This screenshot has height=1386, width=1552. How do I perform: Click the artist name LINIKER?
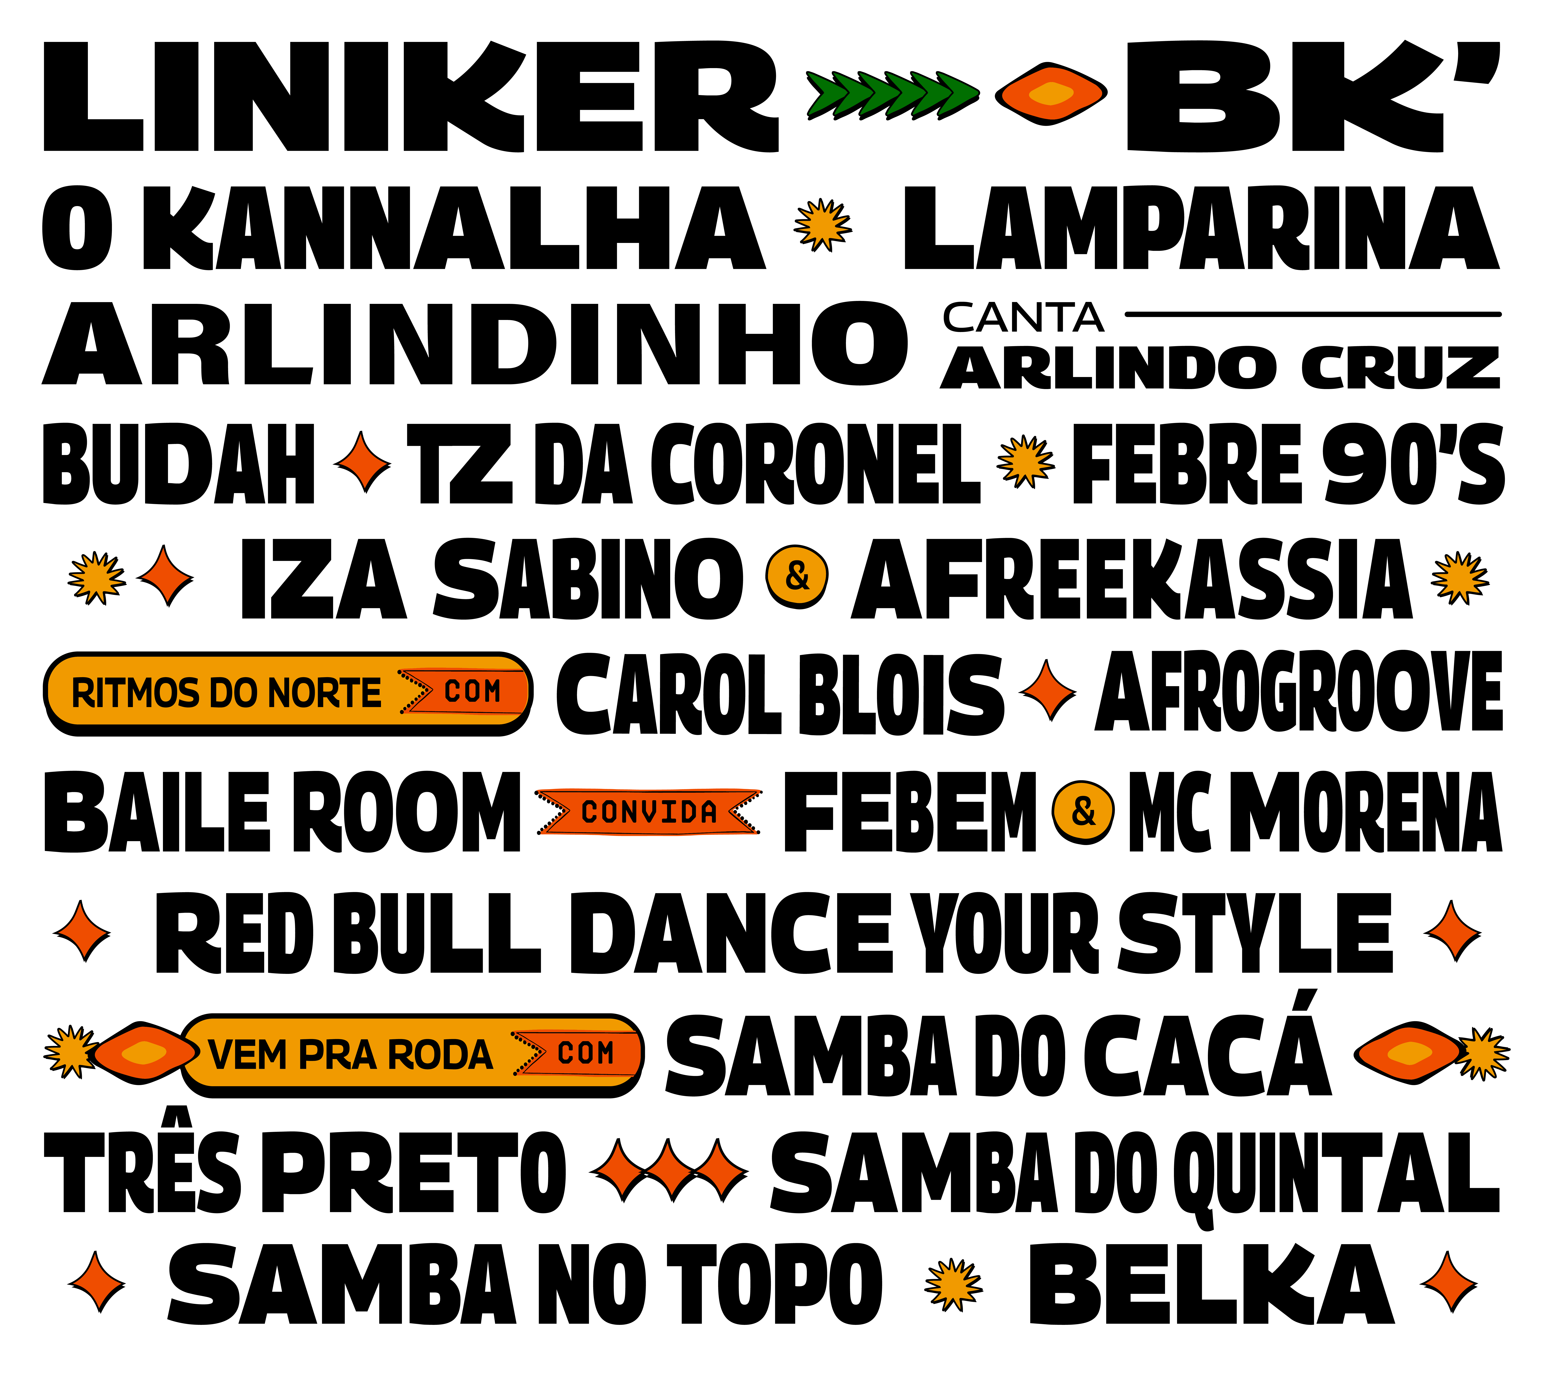[411, 97]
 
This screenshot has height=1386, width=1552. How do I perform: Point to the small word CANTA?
[1023, 318]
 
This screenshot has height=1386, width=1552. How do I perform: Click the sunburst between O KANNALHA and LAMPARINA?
[823, 225]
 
